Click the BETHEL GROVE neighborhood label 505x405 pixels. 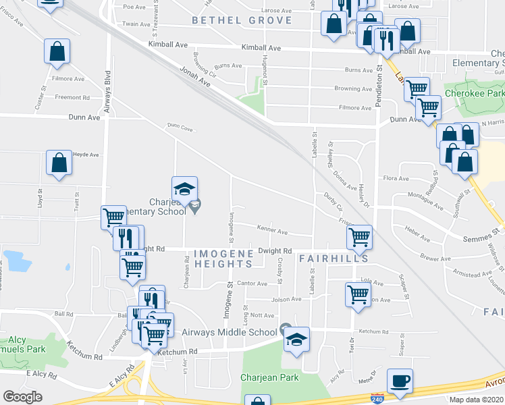coord(242,20)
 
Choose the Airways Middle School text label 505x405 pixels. coord(230,331)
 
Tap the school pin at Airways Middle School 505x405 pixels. coord(296,340)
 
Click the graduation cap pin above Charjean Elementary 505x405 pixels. coord(184,189)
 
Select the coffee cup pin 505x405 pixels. coord(400,381)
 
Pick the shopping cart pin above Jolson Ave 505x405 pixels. coord(358,294)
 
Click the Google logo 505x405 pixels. coord(22,397)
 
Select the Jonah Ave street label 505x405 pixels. coord(195,78)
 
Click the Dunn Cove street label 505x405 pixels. coord(180,126)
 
